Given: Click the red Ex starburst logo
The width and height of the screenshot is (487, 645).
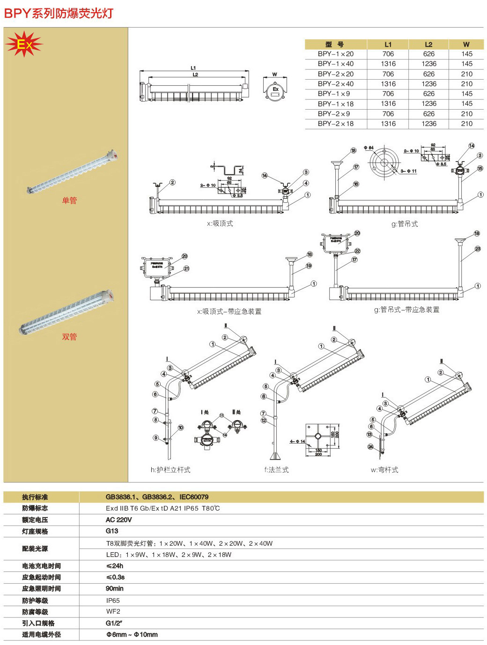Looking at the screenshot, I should coord(23,44).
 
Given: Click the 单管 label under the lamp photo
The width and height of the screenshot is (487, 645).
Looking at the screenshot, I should coord(69,200).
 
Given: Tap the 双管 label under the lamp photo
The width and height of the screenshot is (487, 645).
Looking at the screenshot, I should coord(69,337).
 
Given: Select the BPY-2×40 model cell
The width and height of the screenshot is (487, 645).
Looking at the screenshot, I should coord(335,84).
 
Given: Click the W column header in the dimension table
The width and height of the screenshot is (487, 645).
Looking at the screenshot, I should coord(466,44).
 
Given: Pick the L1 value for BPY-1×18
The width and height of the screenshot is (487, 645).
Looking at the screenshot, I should coord(388,104).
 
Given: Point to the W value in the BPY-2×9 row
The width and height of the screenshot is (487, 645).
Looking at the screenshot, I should coord(466,114).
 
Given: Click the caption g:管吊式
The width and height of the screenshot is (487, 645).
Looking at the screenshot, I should coord(405,224).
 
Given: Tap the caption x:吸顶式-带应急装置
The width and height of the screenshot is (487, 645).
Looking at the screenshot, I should coord(229,311).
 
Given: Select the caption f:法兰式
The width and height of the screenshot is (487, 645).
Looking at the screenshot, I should coord(276,470).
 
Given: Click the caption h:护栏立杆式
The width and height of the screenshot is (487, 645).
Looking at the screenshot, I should coord(170,470).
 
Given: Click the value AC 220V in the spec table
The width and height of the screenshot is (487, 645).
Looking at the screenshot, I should coord(118,520).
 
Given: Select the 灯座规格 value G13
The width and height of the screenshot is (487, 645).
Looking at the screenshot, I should coord(112,531).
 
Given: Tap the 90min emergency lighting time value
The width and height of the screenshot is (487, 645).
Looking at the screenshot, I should coord(115,589).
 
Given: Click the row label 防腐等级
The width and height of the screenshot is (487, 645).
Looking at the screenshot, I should coord(35,612).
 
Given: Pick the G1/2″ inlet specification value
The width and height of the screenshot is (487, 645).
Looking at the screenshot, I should coord(114,623).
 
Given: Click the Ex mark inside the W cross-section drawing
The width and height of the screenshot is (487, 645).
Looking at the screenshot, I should coord(275,89).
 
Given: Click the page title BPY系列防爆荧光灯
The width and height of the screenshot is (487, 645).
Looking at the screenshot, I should coord(59,13).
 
